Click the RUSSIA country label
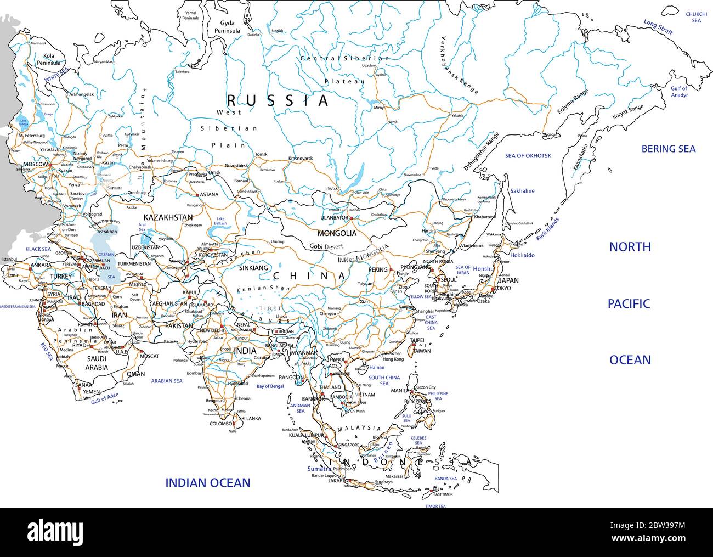click(278, 100)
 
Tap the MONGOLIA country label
click(337, 233)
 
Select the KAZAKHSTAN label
click(168, 218)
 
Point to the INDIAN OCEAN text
click(208, 483)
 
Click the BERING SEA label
click(668, 149)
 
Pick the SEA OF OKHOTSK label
click(528, 156)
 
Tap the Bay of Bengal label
click(270, 386)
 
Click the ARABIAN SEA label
click(167, 381)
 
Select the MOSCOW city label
click(36, 165)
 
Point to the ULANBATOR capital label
click(333, 218)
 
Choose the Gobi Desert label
click(326, 247)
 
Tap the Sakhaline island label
click(522, 191)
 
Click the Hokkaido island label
click(522, 255)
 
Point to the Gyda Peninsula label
click(230, 27)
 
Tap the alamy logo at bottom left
click(49, 532)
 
